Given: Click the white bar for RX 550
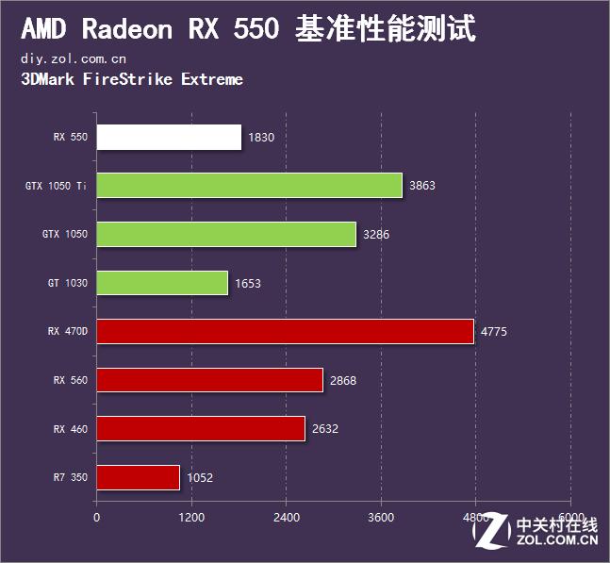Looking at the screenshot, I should pyautogui.click(x=169, y=137).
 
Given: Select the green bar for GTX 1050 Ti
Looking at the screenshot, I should pyautogui.click(x=249, y=186).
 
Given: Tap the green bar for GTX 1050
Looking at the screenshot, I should pyautogui.click(x=226, y=234).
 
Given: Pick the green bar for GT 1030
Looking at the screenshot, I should pyautogui.click(x=162, y=283).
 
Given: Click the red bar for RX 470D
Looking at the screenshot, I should pyautogui.click(x=285, y=331).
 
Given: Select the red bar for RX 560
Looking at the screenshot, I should pyautogui.click(x=209, y=380).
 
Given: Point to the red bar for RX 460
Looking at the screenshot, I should pyautogui.click(x=201, y=429).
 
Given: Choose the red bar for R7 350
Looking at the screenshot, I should pyautogui.click(x=138, y=477).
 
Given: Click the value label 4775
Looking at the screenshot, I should pyautogui.click(x=495, y=332).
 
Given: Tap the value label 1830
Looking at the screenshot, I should pyautogui.click(x=261, y=138).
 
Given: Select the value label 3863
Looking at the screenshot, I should pyautogui.click(x=422, y=187).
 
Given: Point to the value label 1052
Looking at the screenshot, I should pyautogui.click(x=200, y=478).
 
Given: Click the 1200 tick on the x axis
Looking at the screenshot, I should pyautogui.click(x=191, y=517).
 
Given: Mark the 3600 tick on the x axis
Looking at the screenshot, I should pyautogui.click(x=381, y=517).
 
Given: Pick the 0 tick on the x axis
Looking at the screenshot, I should pyautogui.click(x=96, y=517).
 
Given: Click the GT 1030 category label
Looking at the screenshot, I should pyautogui.click(x=67, y=283).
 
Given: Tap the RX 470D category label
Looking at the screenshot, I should pyautogui.click(x=67, y=332).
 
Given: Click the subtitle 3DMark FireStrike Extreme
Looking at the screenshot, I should pyautogui.click(x=131, y=79).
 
